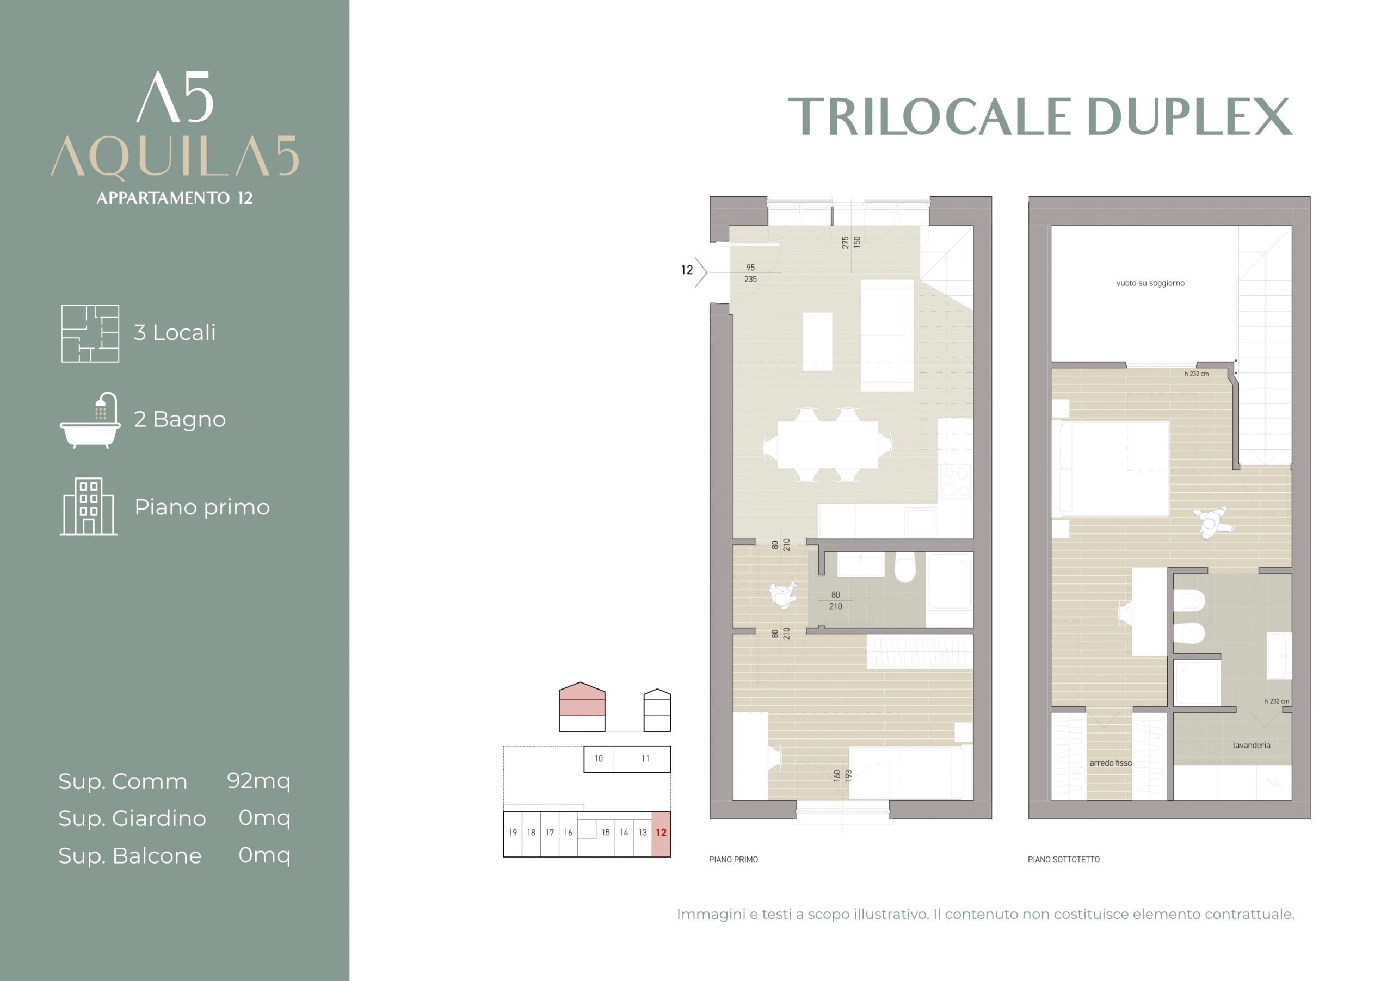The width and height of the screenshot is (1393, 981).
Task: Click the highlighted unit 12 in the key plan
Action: (661, 834)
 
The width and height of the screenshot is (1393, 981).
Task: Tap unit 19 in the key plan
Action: (513, 834)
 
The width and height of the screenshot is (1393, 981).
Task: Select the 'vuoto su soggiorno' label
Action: (1150, 283)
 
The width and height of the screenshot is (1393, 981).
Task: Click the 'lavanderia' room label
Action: (1251, 745)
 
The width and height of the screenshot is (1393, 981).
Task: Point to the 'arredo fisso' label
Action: (1110, 763)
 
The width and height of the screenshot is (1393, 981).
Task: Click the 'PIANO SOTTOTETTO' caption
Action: (1064, 859)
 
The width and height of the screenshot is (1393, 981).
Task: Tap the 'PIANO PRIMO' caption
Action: (734, 859)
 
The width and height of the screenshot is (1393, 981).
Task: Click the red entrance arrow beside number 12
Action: (702, 272)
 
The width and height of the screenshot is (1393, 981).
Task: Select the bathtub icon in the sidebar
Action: (90, 420)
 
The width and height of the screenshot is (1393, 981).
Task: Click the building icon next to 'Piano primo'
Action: (89, 506)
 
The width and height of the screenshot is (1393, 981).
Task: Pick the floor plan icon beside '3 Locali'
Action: (90, 333)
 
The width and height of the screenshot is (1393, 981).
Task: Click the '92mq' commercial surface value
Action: (259, 781)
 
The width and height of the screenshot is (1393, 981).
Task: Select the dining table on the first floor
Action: (828, 444)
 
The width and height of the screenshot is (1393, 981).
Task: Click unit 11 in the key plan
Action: (645, 759)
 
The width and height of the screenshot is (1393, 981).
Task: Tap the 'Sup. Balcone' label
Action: (130, 855)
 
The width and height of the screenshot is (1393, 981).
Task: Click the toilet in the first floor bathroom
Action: (904, 566)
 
